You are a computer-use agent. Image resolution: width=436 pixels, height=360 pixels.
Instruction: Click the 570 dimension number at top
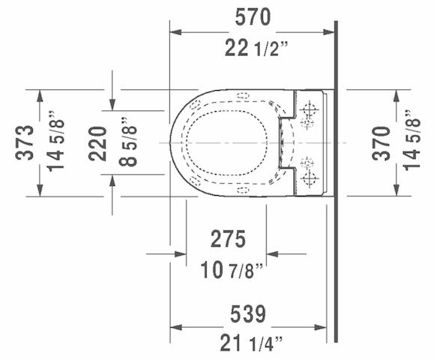point(252,17)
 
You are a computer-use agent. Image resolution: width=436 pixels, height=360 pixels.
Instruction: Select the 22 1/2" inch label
point(256,48)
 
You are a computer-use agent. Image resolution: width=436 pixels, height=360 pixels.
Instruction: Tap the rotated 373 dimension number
point(25,142)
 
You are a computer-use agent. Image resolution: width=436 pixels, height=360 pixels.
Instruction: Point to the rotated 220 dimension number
point(98,144)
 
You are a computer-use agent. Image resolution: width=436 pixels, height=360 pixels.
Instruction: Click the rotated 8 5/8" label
point(128,142)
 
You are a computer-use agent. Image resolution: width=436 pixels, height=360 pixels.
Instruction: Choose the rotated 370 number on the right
point(381,143)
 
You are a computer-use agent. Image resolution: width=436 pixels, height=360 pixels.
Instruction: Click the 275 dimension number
point(228,239)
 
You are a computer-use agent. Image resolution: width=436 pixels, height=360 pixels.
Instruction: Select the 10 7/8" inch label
point(231,270)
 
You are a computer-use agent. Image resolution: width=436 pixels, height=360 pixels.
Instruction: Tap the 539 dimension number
point(248,314)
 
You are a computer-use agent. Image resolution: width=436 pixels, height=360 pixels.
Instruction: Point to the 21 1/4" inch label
point(252,343)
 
